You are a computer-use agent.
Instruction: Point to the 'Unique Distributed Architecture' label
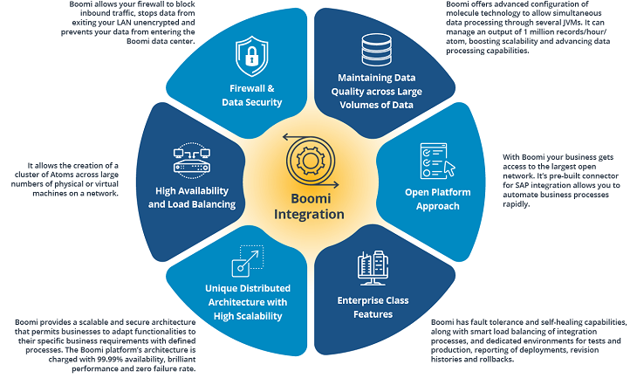(248, 301)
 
